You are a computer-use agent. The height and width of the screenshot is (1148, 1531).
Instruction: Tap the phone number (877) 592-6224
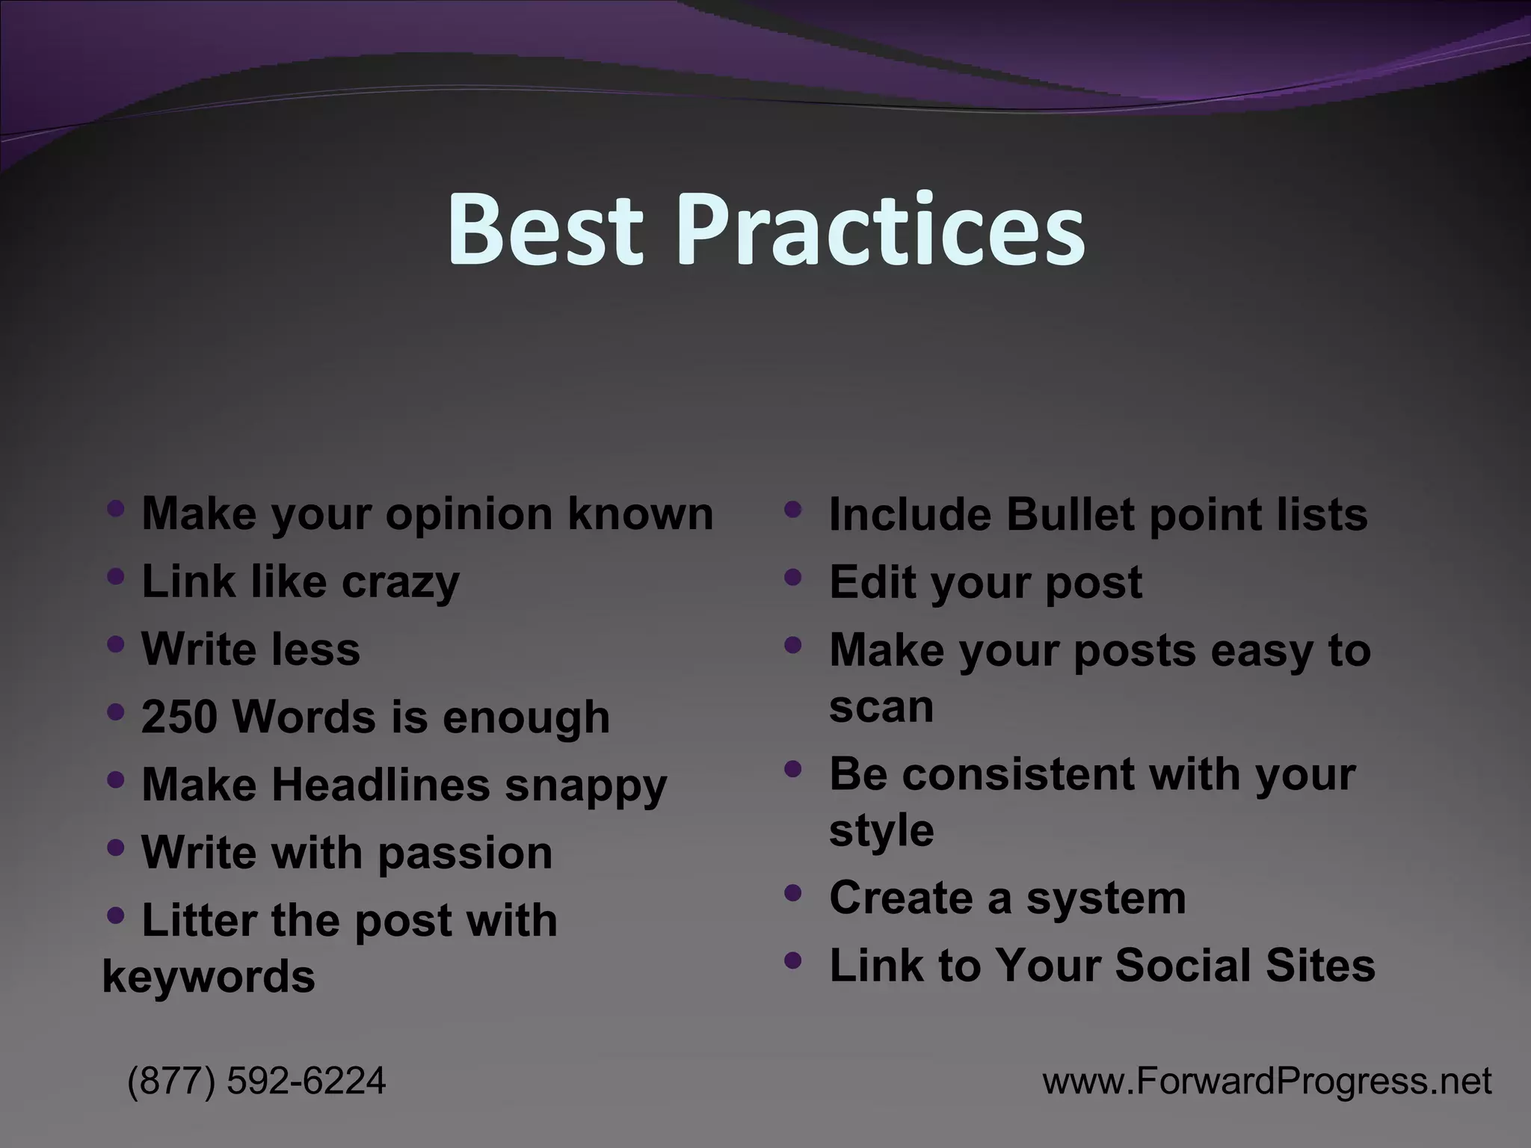[256, 1081]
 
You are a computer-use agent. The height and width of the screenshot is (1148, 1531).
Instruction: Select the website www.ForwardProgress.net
[1267, 1081]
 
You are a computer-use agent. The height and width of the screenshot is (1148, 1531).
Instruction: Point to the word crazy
[400, 582]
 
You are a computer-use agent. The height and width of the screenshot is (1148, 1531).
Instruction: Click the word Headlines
[380, 785]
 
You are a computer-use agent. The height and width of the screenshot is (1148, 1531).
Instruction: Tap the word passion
[465, 853]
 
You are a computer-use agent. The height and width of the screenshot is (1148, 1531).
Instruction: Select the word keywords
[209, 977]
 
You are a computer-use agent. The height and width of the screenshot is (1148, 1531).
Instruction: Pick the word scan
[881, 706]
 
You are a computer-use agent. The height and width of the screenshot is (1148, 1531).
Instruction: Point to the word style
[881, 830]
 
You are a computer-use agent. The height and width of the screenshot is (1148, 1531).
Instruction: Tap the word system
[1106, 898]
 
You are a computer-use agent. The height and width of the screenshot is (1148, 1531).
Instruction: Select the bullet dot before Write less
[115, 644]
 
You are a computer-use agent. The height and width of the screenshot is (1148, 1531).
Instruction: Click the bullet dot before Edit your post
[793, 577]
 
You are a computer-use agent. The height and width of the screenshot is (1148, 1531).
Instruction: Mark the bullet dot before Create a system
[793, 892]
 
